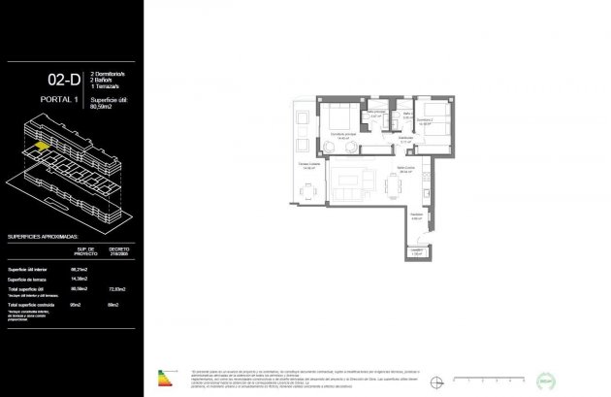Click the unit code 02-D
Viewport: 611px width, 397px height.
tap(61, 81)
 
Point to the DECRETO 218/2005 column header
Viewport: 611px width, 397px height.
tap(119, 250)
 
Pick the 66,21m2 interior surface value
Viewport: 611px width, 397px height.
tap(80, 269)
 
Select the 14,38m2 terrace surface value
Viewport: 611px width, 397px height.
tap(80, 280)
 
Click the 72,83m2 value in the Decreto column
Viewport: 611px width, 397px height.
tap(119, 289)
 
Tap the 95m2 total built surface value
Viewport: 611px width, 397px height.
tap(77, 305)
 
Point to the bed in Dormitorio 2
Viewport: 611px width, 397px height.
tap(433, 121)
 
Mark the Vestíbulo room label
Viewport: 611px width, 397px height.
tap(415, 215)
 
